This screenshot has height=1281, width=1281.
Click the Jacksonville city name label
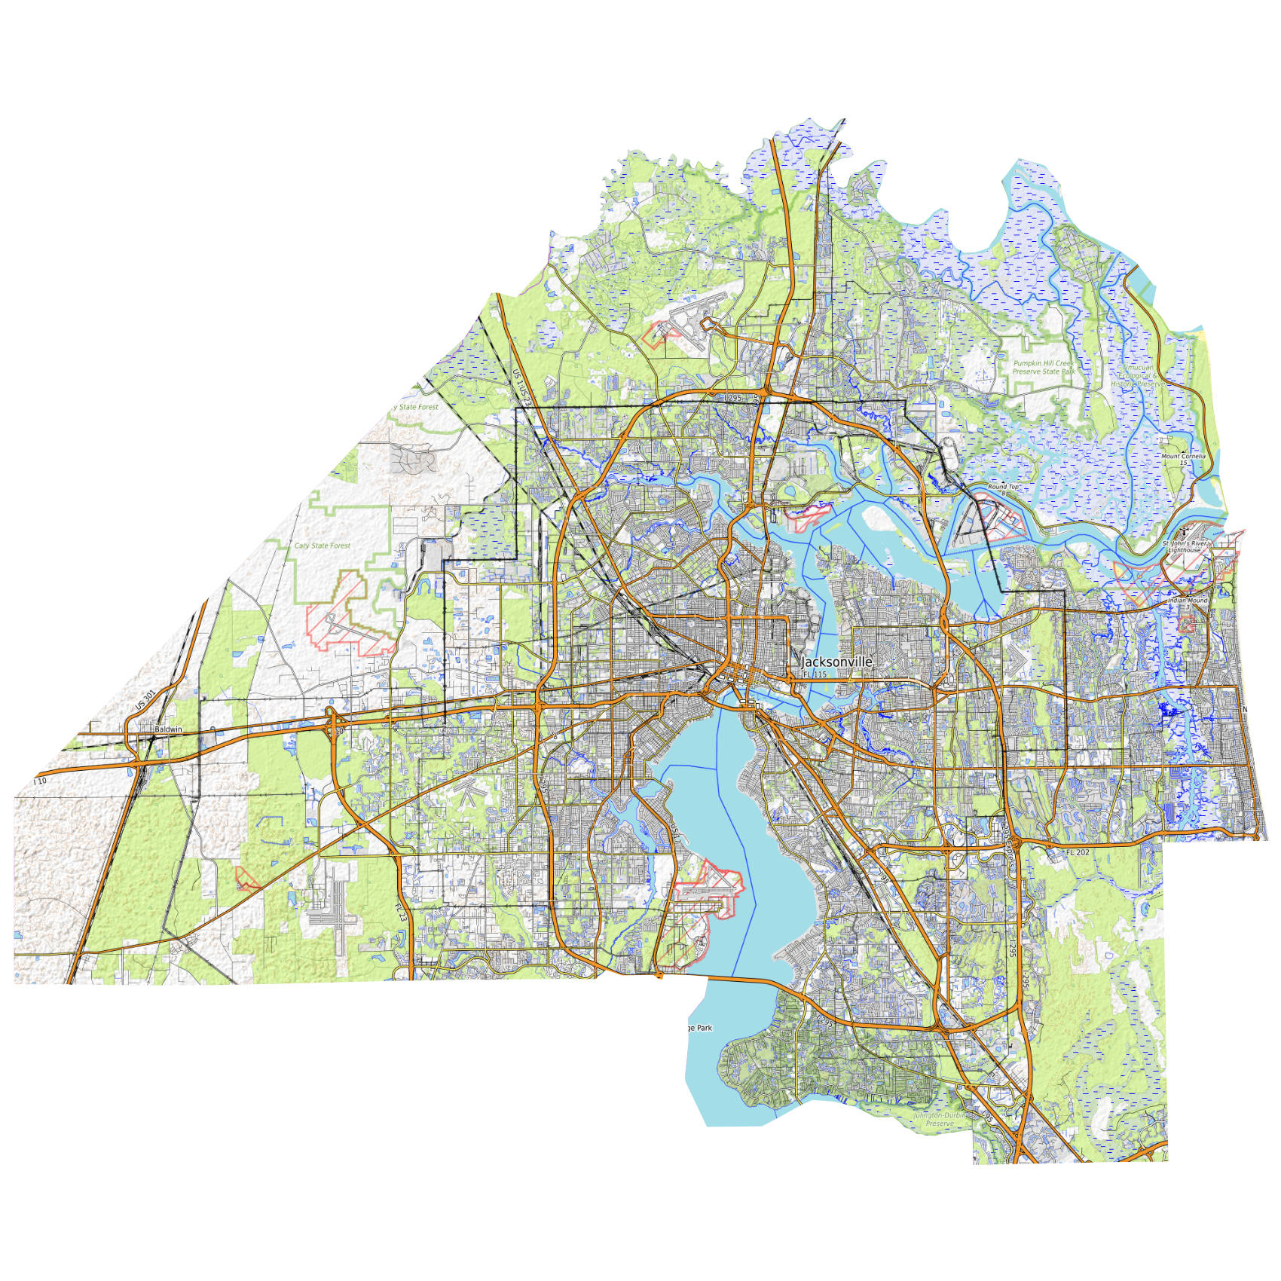[x=836, y=662]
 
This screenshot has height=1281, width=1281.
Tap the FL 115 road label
[x=815, y=674]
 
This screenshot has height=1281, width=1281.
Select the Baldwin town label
[x=168, y=729]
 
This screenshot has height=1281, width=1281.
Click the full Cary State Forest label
[x=323, y=546]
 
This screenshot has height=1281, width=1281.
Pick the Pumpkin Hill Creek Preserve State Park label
[x=1044, y=367]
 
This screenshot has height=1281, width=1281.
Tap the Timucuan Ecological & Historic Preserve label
[x=1137, y=376]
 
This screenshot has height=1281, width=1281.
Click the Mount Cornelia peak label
[x=1183, y=456]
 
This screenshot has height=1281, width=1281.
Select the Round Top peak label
[x=1003, y=487]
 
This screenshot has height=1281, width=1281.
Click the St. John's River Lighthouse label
[x=1185, y=546]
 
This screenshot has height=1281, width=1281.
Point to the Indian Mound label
[x=1188, y=601]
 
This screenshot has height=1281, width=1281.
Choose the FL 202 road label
[x=1078, y=852]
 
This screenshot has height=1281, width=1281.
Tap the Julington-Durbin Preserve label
[x=940, y=1119]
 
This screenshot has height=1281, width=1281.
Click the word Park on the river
[x=704, y=1028]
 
